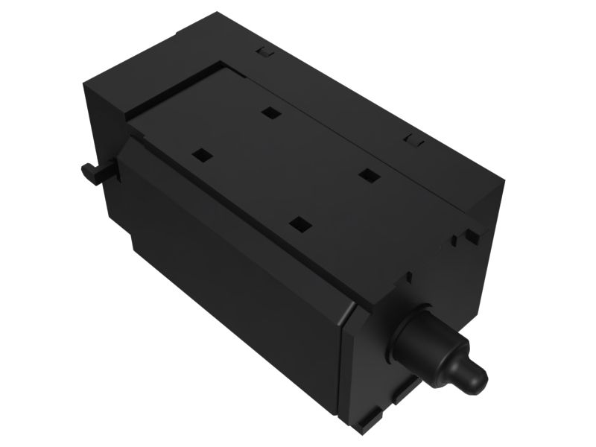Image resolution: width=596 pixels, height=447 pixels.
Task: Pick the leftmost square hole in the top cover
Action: coord(202,156)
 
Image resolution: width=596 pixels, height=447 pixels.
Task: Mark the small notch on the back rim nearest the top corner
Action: coord(262,52)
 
